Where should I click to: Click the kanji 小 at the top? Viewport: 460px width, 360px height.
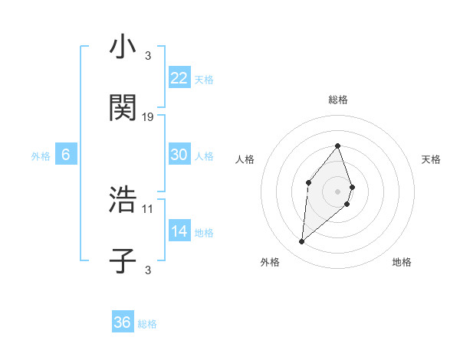123,47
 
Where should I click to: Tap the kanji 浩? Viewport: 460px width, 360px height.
123,201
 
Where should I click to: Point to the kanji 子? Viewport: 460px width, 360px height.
123,260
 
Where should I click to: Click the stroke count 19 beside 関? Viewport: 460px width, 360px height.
148,117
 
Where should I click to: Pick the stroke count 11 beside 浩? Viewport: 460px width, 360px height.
148,208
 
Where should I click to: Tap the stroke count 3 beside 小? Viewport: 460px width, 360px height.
147,56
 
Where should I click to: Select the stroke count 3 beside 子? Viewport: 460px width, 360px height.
147,269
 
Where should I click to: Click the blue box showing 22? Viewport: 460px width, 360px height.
179,77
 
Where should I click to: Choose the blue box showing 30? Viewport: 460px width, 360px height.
179,154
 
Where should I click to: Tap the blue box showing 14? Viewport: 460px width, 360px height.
179,231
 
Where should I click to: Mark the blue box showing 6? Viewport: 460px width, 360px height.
66,154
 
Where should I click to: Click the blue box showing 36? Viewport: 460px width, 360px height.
122,322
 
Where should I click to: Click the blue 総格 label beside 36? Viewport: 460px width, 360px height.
147,324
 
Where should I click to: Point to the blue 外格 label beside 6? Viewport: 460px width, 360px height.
41,155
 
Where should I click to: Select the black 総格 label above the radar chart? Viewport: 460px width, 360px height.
338,100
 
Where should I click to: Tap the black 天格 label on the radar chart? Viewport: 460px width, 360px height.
431,159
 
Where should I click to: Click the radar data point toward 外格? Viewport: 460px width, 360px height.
301,242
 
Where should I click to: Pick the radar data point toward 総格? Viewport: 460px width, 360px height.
338,146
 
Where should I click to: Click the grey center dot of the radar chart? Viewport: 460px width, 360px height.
338,191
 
